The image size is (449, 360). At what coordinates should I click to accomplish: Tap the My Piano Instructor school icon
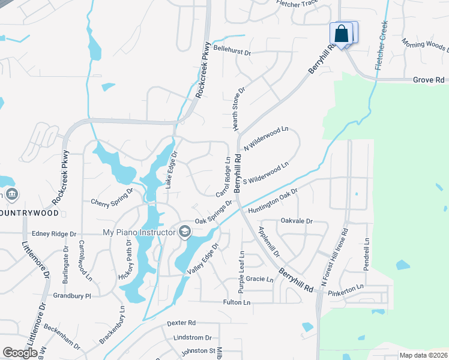tap(185, 232)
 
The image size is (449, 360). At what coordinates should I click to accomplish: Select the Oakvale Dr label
tap(297, 221)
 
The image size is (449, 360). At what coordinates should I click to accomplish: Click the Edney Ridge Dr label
tap(55, 233)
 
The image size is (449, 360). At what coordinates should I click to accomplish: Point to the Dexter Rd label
tap(181, 322)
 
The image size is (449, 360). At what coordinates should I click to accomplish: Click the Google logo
tap(20, 353)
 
